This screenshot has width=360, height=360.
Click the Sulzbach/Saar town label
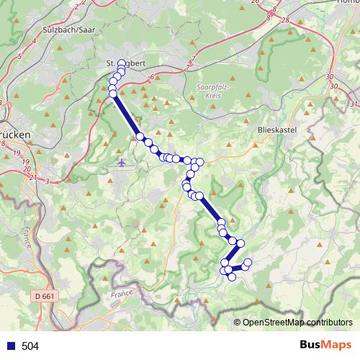[69, 30]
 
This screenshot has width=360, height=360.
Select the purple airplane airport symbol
[122, 163]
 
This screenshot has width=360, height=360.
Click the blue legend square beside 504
[10, 346]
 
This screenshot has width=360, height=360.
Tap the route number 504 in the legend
[30, 346]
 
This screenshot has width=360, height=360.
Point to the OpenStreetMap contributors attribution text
[297, 322]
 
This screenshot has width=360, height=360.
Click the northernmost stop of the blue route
[122, 63]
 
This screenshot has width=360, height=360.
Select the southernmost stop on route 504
[232, 276]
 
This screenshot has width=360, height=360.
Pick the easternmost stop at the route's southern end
[248, 262]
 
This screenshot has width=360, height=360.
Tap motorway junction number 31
[333, 86]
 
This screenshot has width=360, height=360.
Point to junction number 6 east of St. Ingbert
[153, 76]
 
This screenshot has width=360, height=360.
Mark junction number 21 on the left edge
[32, 176]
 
